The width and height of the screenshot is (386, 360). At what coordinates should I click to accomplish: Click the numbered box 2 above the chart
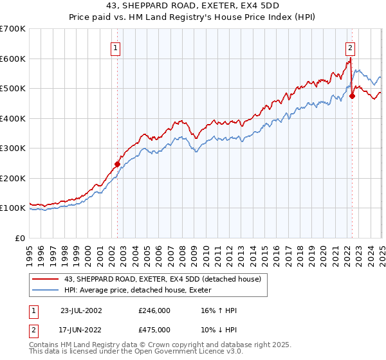click(x=350, y=47)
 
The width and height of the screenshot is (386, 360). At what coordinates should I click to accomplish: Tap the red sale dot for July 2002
click(x=117, y=164)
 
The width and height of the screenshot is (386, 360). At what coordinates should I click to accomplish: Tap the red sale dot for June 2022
click(x=353, y=96)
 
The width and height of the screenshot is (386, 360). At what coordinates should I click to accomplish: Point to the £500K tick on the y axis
click(x=14, y=88)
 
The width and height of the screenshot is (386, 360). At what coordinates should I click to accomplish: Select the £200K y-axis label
click(x=14, y=178)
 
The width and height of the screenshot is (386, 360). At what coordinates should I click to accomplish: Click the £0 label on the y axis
click(x=21, y=238)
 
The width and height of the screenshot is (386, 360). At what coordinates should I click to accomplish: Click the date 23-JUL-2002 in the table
click(x=80, y=310)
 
